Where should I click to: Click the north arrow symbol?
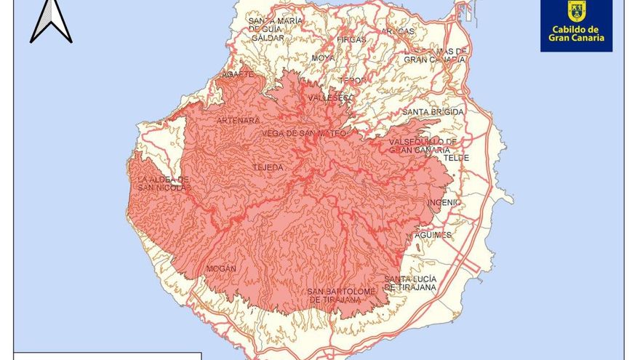click(x=50, y=20)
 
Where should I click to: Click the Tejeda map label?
click(x=267, y=167)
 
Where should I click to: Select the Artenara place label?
click(x=238, y=120)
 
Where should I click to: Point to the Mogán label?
click(x=221, y=268)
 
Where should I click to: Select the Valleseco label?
click(x=329, y=97)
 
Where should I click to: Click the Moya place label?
click(x=323, y=57)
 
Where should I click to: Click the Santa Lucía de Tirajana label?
click(x=410, y=283)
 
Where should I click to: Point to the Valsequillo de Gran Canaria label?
click(x=423, y=145)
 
